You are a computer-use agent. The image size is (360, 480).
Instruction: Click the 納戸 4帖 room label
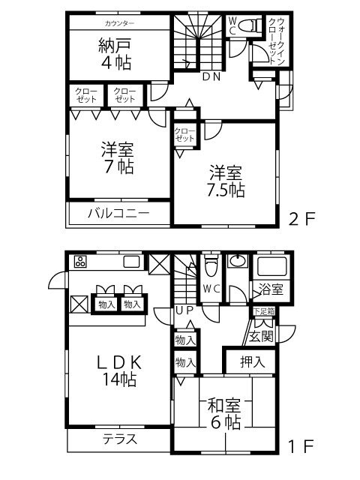pos(115,54)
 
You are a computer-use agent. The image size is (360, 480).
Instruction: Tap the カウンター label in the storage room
pos(119,23)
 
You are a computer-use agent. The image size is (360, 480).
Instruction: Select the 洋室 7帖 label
pos(118,158)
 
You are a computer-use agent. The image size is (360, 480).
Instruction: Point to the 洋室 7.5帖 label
pos(226,181)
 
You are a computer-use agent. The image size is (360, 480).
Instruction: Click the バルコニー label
pos(118,213)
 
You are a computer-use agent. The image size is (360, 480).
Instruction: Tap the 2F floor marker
pos(301,219)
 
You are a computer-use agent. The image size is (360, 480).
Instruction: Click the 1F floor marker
pos(301,446)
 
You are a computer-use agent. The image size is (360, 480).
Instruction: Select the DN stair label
pos(211,76)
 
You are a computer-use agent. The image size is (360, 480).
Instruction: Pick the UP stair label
pos(185,310)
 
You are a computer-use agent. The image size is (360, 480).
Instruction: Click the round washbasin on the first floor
pos(238,262)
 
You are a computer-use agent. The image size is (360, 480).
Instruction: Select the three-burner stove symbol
pos(81,262)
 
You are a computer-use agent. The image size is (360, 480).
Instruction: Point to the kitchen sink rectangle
pos(131,262)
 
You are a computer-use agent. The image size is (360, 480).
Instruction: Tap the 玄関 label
pos(261,337)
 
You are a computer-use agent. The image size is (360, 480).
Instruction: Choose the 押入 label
pos(252,361)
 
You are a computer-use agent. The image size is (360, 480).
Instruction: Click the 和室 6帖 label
pos(225,413)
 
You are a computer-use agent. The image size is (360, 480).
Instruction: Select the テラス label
pos(119,439)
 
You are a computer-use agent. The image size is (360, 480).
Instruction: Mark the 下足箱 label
pos(263,312)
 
